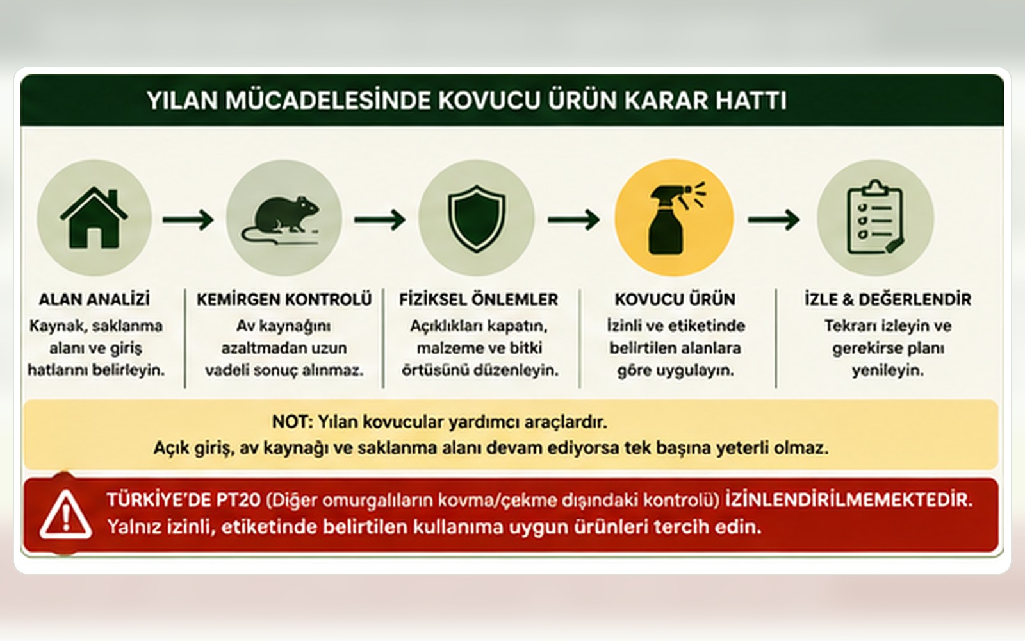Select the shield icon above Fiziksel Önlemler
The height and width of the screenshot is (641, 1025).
click(477, 219)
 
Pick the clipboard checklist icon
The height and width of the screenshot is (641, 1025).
click(875, 217)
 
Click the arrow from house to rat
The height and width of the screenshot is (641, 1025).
click(188, 220)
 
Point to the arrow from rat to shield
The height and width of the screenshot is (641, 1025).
click(380, 220)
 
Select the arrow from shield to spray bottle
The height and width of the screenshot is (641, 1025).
click(574, 220)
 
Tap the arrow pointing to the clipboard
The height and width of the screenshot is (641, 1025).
click(774, 220)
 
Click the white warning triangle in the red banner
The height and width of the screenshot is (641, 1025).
click(66, 515)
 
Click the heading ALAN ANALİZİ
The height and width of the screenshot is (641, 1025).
click(94, 299)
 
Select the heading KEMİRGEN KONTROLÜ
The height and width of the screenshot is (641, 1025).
click(284, 299)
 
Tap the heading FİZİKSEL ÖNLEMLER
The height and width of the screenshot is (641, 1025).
click(479, 299)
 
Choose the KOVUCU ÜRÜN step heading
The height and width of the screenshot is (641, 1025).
click(675, 299)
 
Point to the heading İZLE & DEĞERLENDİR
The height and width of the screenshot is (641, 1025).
click(888, 299)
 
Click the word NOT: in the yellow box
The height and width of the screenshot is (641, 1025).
click(292, 422)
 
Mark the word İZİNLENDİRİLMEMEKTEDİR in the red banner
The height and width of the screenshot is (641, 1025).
click(849, 500)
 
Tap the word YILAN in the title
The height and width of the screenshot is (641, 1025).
click(182, 100)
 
